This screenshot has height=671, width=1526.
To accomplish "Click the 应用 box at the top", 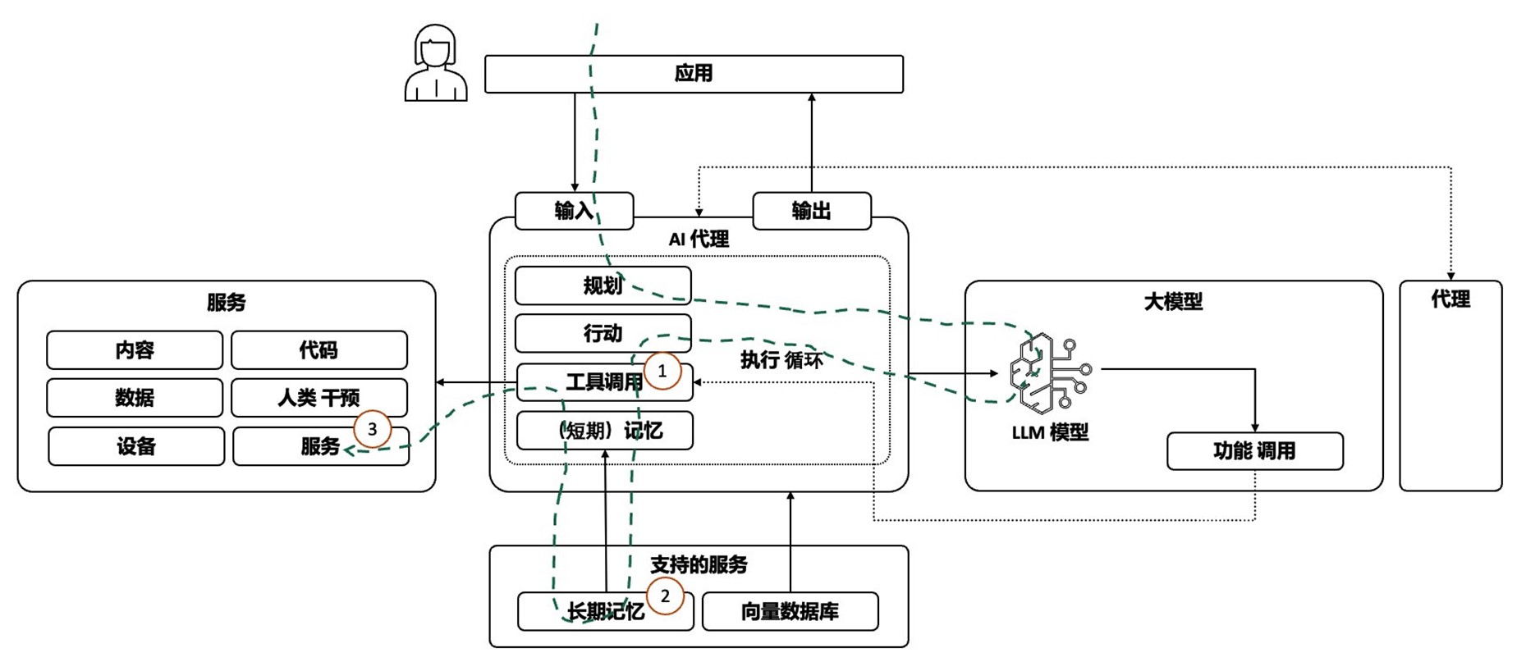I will click(x=694, y=74).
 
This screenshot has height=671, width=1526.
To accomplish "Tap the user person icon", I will click(x=436, y=64).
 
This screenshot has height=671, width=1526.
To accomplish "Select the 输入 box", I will click(x=574, y=211).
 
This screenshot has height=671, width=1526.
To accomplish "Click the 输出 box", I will click(x=812, y=211).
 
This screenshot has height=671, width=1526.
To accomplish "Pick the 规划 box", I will click(x=603, y=285).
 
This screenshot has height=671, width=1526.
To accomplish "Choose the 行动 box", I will click(x=603, y=333).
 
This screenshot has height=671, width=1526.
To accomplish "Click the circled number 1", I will click(x=662, y=372).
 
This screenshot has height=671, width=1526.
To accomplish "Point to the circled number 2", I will click(x=665, y=596).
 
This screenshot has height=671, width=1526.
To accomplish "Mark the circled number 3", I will click(x=373, y=429).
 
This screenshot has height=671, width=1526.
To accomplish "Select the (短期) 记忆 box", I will click(x=604, y=431).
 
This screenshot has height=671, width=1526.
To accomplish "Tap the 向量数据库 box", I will click(x=790, y=611).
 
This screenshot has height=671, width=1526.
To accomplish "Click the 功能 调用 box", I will click(x=1254, y=450).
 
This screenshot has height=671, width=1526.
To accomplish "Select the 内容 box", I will click(x=135, y=350).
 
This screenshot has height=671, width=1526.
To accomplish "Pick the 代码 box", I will click(x=318, y=350).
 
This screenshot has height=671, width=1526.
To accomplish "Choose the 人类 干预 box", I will click(x=318, y=398).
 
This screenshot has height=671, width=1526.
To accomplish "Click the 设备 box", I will click(x=136, y=446).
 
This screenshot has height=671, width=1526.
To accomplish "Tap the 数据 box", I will click(x=135, y=398).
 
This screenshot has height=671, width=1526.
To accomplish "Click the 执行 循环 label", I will click(x=781, y=359).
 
